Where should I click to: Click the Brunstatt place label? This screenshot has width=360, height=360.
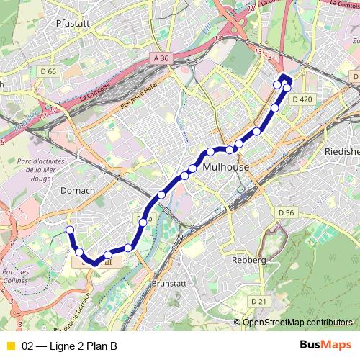170,284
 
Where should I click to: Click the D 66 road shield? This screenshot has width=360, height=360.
48,71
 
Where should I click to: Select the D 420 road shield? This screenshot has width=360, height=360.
302,99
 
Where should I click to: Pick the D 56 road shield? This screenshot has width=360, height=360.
287,212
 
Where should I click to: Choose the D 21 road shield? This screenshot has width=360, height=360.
258,300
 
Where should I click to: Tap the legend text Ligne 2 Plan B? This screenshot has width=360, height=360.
70,346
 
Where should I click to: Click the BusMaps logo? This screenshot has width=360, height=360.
325,345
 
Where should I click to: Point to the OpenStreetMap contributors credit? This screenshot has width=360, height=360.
297,322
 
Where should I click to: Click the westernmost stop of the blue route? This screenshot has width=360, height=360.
70,230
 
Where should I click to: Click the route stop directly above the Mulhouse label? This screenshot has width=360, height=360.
230,150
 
